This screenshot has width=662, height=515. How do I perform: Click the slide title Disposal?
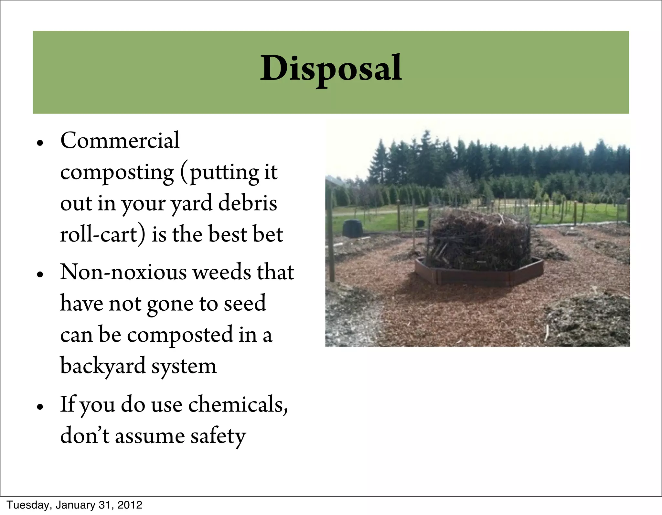click(331, 69)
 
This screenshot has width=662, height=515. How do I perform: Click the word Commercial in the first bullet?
click(120, 141)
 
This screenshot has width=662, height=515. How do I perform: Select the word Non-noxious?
click(123, 272)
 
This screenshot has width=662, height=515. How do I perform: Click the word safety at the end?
click(218, 436)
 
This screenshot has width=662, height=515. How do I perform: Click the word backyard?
click(103, 366)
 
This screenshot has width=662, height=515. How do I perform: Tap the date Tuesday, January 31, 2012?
click(74, 505)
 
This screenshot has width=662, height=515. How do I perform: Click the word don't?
click(85, 436)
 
